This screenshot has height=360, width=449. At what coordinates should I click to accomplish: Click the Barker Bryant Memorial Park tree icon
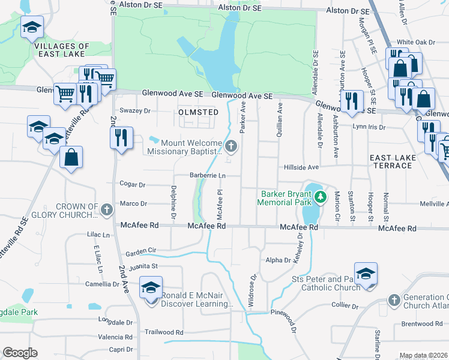pyautogui.click(x=321, y=197)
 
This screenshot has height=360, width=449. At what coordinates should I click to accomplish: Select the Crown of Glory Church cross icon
pyautogui.click(x=107, y=210)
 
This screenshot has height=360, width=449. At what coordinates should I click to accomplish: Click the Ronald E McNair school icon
pyautogui.click(x=151, y=287)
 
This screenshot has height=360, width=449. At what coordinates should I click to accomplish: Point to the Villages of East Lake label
pyautogui.click(x=62, y=50)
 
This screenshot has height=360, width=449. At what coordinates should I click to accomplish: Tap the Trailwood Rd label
pyautogui.click(x=164, y=332)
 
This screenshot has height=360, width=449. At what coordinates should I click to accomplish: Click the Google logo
pyautogui.click(x=20, y=353)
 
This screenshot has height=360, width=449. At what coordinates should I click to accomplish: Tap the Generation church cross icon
pyautogui.click(x=394, y=299)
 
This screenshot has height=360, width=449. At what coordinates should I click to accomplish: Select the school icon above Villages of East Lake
pyautogui.click(x=32, y=27)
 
